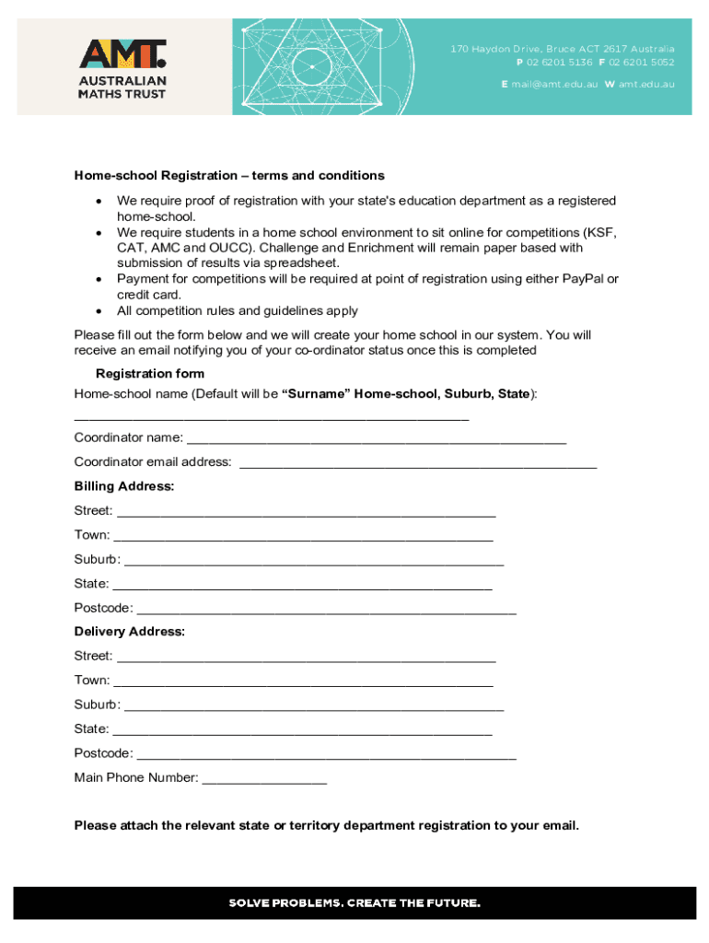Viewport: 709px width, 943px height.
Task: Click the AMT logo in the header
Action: tap(122, 67)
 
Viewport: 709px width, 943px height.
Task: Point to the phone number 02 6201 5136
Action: tap(559, 63)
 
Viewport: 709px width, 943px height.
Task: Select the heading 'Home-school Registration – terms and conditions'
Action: tap(229, 176)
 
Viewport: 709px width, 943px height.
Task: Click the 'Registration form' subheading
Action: tap(150, 374)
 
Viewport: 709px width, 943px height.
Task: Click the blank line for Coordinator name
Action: tap(376, 439)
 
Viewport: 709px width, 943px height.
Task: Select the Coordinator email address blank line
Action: tap(417, 463)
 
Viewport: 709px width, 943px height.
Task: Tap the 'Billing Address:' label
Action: tap(124, 486)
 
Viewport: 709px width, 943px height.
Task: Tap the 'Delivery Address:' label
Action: tap(129, 632)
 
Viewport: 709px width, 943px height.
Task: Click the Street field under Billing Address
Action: tap(306, 512)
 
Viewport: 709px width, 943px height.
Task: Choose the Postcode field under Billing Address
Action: tap(326, 610)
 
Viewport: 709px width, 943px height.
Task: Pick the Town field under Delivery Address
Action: tap(303, 681)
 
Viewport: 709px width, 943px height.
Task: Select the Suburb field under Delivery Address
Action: tap(313, 706)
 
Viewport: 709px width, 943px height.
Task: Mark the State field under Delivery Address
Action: tap(302, 730)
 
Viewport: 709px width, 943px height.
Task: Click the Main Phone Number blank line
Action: tap(264, 779)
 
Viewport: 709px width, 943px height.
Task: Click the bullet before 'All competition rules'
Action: tap(98, 311)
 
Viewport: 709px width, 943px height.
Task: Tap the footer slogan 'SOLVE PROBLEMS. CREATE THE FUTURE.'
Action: tap(354, 902)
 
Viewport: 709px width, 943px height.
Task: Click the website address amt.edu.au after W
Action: tap(646, 84)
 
